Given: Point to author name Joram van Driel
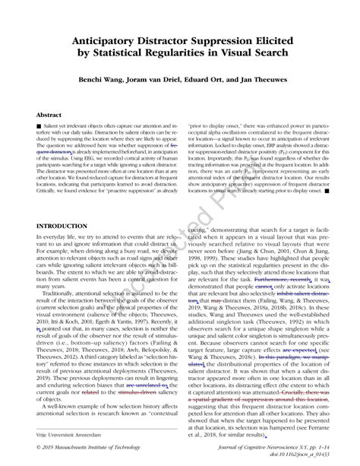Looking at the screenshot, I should pos(165,81).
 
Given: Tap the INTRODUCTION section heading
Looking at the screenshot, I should pos(66,227).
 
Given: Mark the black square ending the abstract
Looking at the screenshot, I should pos(327,190).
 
